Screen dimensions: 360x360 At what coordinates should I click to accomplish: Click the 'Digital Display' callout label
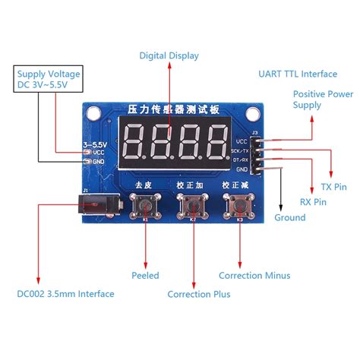168,55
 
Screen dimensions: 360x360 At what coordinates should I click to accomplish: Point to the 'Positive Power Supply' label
323,99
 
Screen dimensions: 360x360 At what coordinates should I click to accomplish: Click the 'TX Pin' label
335,185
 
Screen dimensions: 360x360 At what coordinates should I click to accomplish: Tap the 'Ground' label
289,217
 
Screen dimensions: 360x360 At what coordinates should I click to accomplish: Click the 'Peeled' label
145,275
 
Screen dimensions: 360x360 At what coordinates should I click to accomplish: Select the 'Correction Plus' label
198,294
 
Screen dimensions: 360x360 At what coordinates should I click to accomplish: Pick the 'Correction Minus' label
254,276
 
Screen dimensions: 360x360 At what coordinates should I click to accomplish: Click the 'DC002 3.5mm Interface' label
65,294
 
